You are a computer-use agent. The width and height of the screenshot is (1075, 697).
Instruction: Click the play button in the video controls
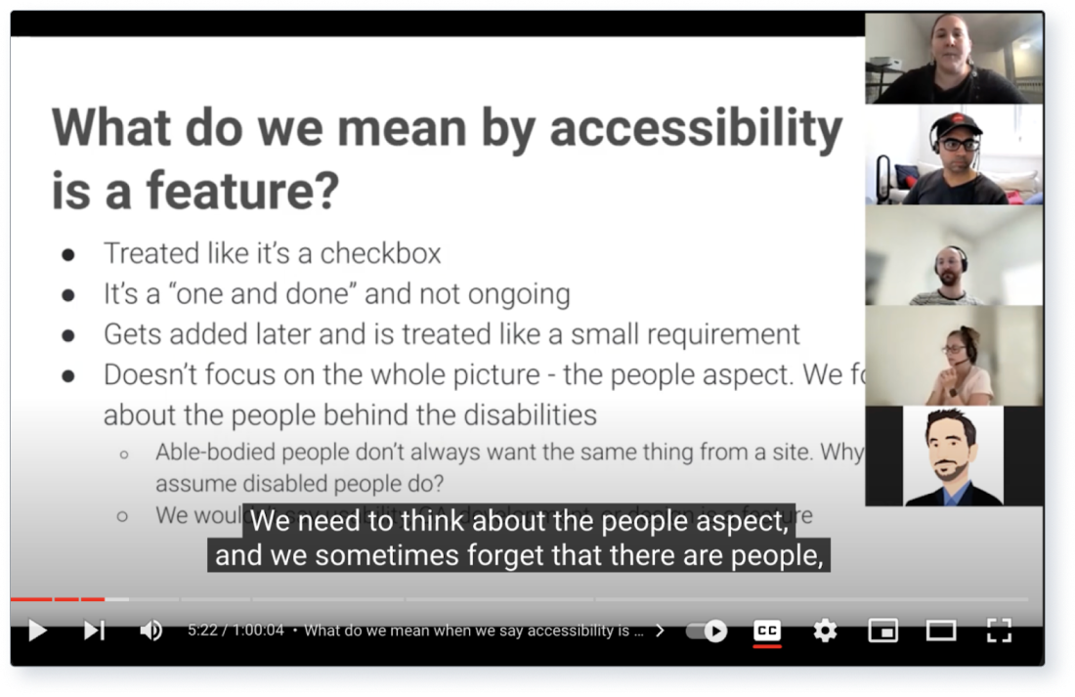[37, 631]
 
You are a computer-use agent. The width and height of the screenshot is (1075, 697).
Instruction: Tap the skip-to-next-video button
[94, 631]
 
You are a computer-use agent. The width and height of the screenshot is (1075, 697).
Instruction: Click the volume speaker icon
[150, 631]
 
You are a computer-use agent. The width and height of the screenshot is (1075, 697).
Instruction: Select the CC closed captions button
[767, 631]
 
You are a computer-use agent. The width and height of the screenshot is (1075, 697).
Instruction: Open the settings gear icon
[825, 631]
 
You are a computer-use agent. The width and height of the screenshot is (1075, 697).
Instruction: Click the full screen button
[998, 631]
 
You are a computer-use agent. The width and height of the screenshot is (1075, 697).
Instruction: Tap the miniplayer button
[882, 631]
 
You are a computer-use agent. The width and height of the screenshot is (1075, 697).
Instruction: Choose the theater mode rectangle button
[940, 631]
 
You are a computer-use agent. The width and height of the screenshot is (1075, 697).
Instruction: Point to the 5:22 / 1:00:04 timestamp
[236, 631]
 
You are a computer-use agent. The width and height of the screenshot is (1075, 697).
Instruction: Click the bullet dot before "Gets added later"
[68, 335]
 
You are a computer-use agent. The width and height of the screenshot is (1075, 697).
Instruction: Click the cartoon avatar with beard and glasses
[953, 457]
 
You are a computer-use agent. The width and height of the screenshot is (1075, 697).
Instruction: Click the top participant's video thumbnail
[953, 58]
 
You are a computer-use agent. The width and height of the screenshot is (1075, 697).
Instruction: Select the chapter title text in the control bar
[474, 631]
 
